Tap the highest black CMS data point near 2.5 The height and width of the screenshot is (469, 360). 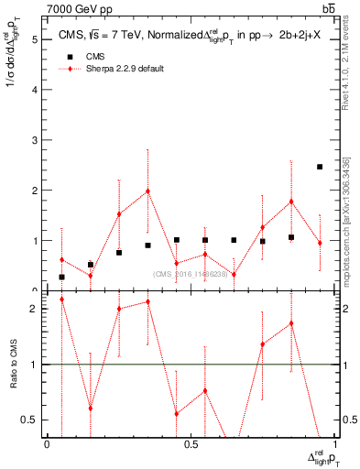click(320, 167)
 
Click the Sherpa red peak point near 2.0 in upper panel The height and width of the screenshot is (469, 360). click(148, 191)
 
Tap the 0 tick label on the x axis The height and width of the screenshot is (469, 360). click(47, 444)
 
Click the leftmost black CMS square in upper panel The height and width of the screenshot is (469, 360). click(61, 277)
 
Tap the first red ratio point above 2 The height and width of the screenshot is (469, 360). click(61, 300)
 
